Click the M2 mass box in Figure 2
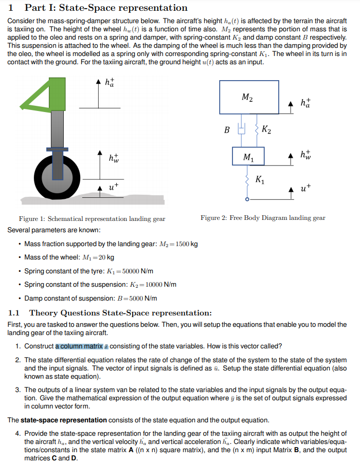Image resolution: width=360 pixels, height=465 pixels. tap(249, 97)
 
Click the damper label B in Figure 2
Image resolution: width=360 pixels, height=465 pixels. tap(226, 130)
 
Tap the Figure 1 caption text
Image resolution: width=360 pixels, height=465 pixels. tap(92, 219)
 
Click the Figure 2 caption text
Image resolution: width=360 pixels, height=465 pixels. tap(263, 218)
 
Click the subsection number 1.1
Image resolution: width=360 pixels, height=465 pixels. tap(14, 313)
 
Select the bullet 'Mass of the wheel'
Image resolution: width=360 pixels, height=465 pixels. tap(69, 257)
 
